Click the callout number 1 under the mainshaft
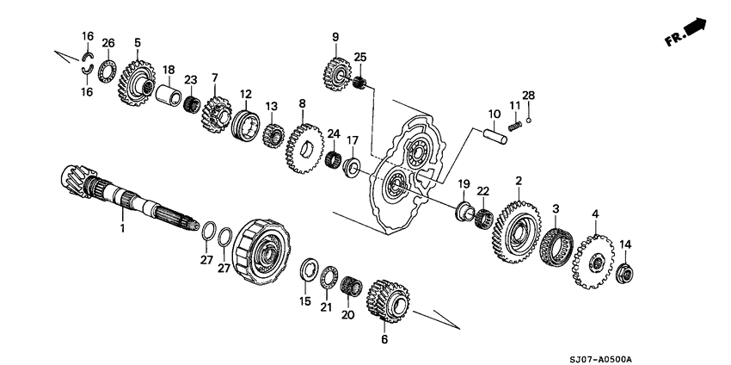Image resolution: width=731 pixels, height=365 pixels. click(121, 230)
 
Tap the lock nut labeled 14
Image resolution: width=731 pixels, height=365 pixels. click(625, 274)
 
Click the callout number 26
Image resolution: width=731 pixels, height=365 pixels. click(108, 43)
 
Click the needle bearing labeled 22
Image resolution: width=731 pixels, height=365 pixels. click(484, 218)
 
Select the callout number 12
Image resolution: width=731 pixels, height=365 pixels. click(245, 94)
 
